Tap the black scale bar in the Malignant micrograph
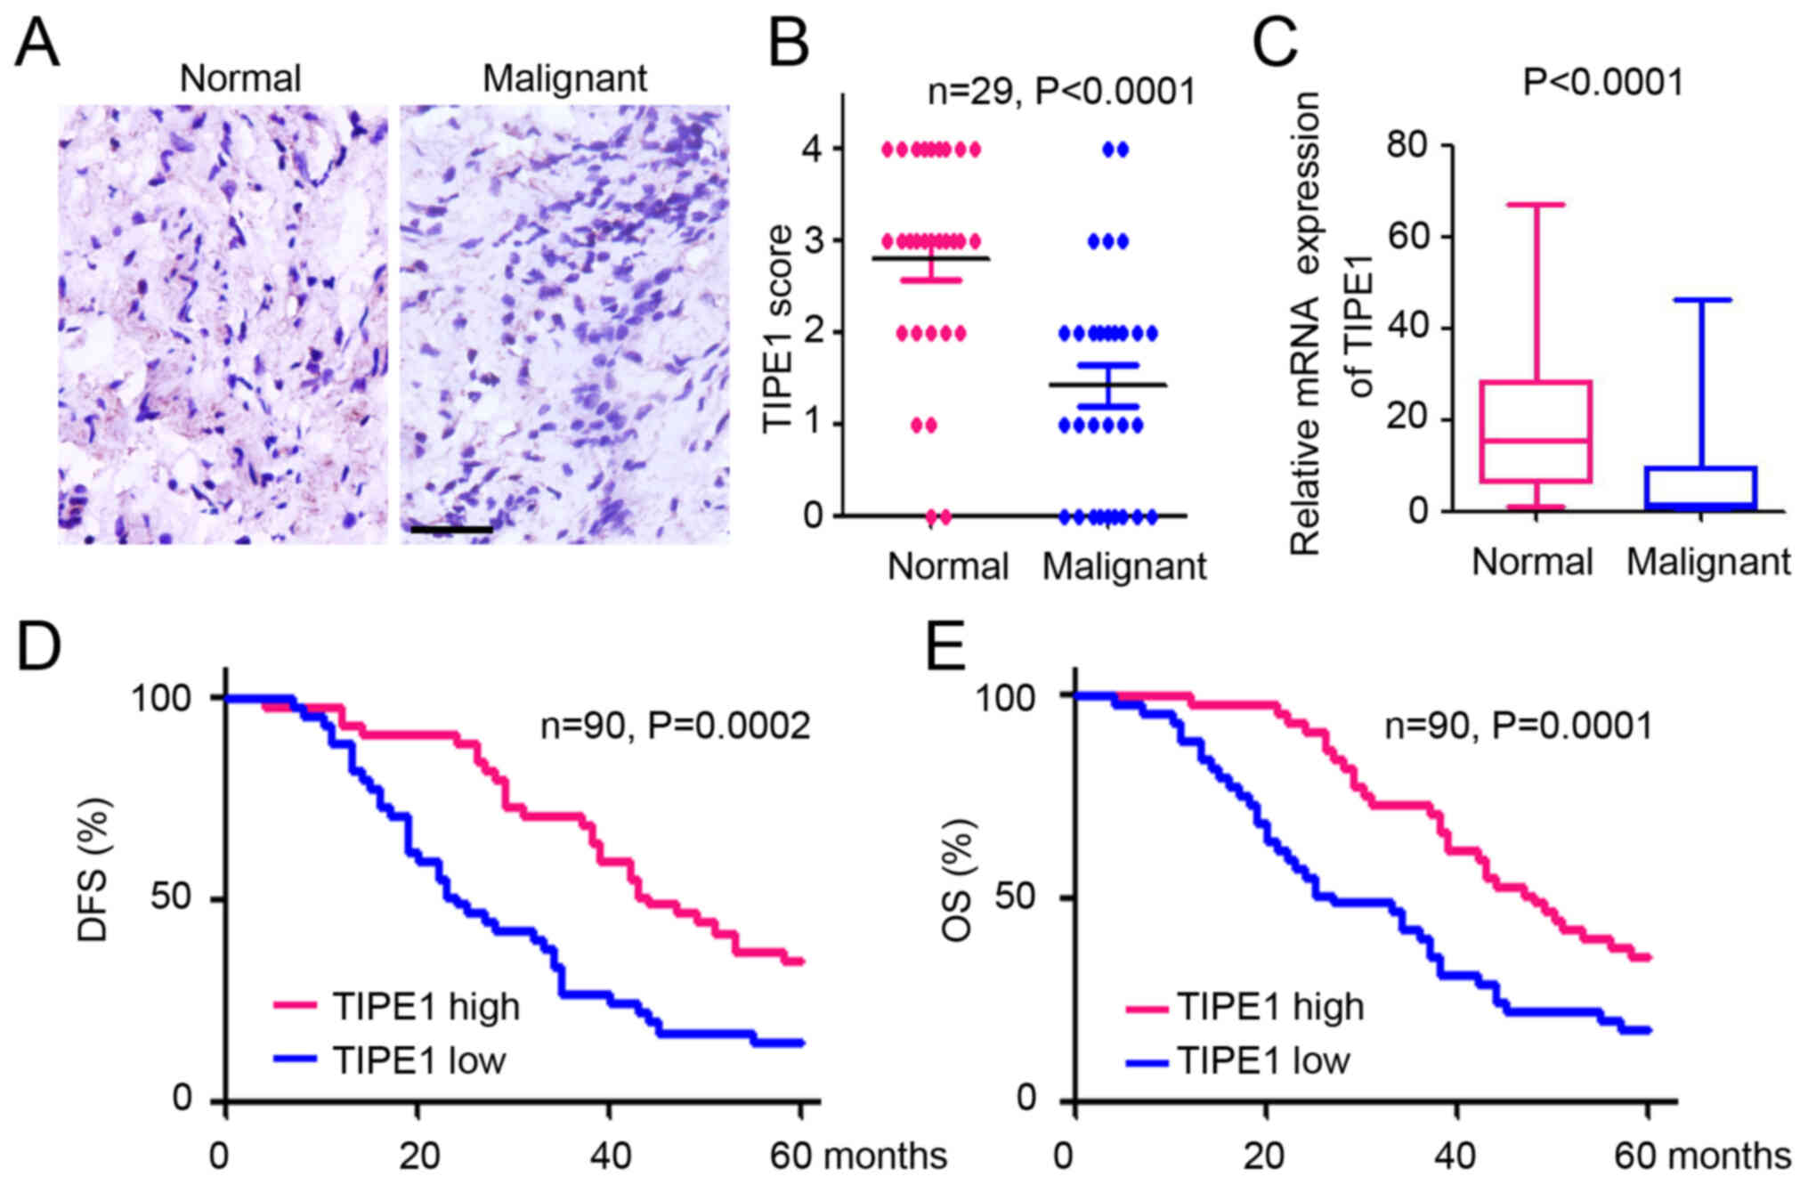(x=451, y=530)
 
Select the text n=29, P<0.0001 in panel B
(x=1061, y=91)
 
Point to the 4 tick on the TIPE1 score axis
(x=813, y=149)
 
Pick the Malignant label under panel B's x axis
(x=1124, y=566)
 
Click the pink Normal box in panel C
(x=1536, y=432)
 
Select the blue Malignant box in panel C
(x=1701, y=487)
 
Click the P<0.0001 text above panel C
(x=1603, y=83)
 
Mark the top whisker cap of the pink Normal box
(x=1536, y=205)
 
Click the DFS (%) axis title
(x=93, y=870)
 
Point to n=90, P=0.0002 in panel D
(x=676, y=726)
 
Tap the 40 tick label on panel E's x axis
(x=1457, y=1156)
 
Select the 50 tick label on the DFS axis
(x=170, y=897)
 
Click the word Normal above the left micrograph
(x=240, y=78)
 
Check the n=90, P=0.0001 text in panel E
(x=1518, y=726)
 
